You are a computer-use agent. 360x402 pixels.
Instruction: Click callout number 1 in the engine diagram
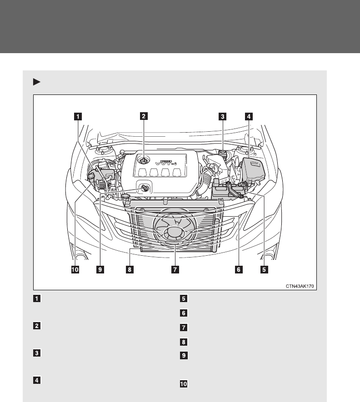[x=79, y=116]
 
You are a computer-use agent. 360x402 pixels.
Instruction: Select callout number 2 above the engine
[x=143, y=116]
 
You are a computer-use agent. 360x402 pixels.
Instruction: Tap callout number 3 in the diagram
[x=222, y=116]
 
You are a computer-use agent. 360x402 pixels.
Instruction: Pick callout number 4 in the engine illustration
[x=248, y=116]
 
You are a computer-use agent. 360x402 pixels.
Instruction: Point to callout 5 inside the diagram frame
[x=264, y=269]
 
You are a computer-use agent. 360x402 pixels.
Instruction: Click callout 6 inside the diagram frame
[x=237, y=269]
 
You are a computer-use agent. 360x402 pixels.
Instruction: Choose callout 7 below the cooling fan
[x=174, y=269]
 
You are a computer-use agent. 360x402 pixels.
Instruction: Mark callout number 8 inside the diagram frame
[x=130, y=269]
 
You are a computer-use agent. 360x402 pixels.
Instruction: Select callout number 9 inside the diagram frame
[x=100, y=269]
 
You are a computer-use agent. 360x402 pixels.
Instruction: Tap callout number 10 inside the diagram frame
[x=75, y=269]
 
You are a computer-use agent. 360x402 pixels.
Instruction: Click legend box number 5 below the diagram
[x=183, y=299]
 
